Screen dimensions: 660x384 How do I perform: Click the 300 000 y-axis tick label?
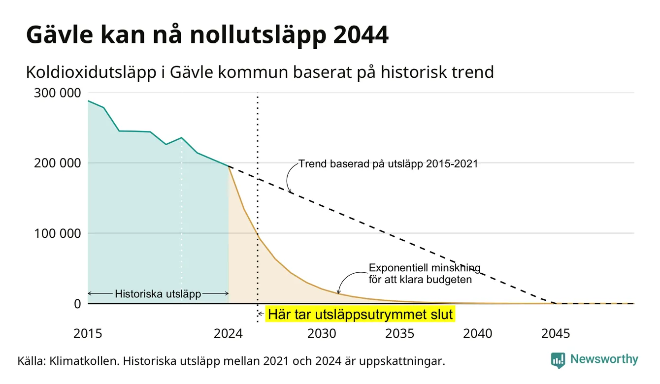point(57,93)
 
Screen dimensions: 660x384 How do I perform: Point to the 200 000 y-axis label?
point(57,163)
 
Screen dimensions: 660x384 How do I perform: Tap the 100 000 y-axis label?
point(57,233)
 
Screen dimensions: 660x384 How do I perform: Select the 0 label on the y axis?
point(77,304)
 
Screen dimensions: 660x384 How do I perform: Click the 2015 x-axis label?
point(88,334)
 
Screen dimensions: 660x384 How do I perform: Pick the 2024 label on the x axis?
point(228,334)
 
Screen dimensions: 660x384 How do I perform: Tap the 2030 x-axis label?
point(322,334)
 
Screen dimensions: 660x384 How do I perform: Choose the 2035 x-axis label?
point(400,334)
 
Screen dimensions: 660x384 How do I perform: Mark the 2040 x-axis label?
point(478,334)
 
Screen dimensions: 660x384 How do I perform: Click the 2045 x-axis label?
point(556,334)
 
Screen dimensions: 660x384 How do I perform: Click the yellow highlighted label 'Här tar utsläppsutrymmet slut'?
point(360,314)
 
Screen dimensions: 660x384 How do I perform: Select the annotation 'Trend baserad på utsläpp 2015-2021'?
point(388,164)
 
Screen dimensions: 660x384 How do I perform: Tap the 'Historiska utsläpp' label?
point(158,294)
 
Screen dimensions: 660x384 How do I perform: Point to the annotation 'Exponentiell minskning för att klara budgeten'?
point(425,274)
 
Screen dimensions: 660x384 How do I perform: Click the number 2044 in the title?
point(361,35)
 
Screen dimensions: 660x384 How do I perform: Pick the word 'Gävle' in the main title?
point(60,35)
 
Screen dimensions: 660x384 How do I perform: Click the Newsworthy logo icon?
point(558,360)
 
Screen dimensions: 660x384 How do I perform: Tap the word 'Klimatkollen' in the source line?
point(84,361)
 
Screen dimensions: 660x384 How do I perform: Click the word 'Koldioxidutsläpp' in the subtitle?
point(91,72)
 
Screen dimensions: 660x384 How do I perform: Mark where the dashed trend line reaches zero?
point(556,303)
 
